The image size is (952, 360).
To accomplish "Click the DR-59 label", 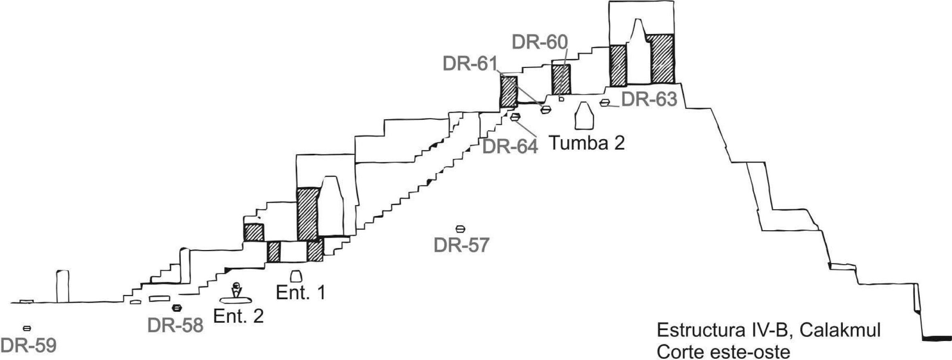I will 28,347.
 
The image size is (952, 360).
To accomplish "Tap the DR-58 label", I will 175,325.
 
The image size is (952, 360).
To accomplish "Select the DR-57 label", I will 461,245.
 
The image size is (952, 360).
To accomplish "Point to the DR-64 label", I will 510,146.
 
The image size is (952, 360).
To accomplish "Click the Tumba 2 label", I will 587,143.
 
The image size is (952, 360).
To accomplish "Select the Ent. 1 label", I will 300,292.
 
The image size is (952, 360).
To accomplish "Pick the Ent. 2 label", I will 238,316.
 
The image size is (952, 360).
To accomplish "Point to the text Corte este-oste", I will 723,352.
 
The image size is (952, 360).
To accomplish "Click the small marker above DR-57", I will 460,229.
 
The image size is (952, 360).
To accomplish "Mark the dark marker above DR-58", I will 176,308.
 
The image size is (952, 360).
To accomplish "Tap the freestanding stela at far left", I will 63,286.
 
